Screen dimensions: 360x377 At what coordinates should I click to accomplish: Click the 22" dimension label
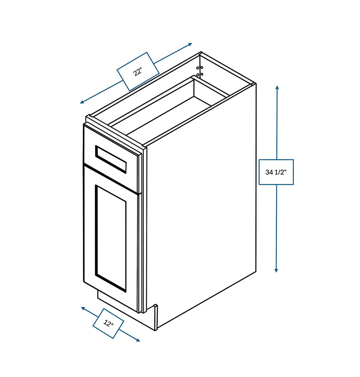(138, 71)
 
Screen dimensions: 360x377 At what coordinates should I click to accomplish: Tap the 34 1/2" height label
(276, 172)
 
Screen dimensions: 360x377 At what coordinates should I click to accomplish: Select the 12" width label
(108, 324)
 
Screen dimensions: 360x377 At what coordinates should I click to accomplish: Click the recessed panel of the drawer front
(111, 159)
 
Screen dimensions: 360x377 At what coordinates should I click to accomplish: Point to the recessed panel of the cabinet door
(111, 238)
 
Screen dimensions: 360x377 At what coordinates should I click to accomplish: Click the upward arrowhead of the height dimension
(277, 88)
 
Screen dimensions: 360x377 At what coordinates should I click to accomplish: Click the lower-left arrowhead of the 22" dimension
(82, 102)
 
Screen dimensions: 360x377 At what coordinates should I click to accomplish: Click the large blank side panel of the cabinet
(202, 206)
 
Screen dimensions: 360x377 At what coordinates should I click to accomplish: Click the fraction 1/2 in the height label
(281, 172)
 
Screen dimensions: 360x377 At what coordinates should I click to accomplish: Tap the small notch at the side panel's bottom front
(155, 307)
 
